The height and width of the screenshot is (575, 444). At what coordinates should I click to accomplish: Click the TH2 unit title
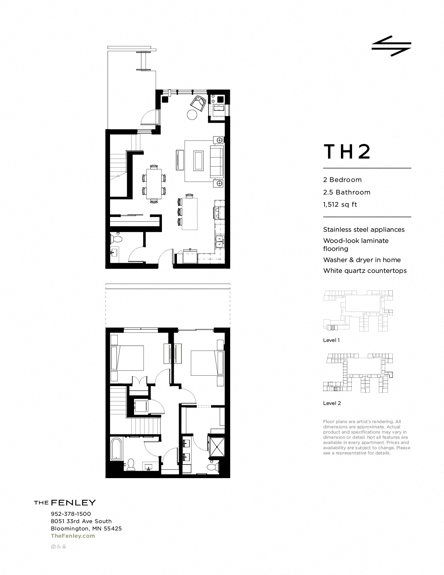(x=347, y=152)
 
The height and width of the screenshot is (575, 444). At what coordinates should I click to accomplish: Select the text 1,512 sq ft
(x=340, y=205)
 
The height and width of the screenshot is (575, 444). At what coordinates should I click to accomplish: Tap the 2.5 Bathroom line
(x=346, y=192)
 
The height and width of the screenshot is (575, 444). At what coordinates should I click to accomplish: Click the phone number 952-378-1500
(x=71, y=514)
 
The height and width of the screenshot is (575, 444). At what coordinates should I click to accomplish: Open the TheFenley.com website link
(x=73, y=536)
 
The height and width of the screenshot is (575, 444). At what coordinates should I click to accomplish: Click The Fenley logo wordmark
(x=65, y=503)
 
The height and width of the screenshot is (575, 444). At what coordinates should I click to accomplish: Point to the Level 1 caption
(x=331, y=340)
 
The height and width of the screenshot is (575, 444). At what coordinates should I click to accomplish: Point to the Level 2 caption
(x=332, y=403)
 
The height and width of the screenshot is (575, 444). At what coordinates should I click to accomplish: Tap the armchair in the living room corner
(x=198, y=102)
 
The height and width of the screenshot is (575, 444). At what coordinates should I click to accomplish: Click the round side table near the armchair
(x=192, y=115)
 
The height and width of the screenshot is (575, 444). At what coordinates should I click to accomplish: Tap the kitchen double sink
(x=220, y=242)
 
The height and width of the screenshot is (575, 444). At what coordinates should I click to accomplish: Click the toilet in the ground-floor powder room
(x=116, y=239)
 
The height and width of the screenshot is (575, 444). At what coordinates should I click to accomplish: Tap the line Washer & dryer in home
(x=362, y=260)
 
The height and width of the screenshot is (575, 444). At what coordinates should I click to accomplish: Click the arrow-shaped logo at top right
(x=391, y=46)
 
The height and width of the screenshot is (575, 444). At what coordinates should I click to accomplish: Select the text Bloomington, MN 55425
(x=86, y=529)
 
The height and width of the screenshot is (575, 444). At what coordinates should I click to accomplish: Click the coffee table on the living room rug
(x=199, y=161)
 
